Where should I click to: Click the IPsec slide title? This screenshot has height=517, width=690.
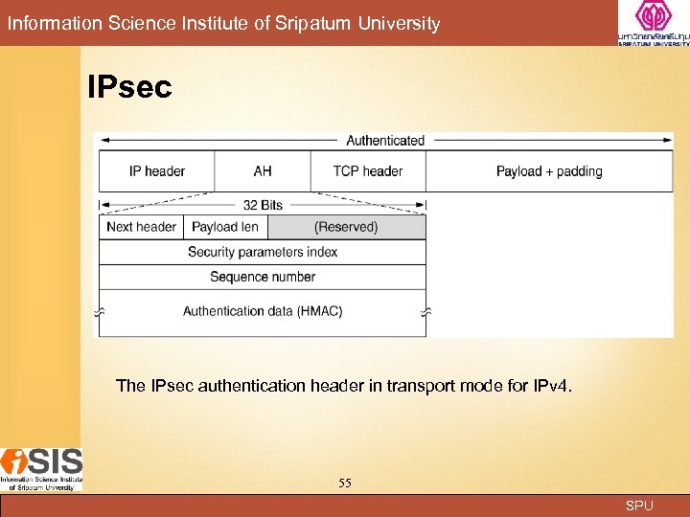(129, 88)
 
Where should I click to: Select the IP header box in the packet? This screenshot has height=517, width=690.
(157, 171)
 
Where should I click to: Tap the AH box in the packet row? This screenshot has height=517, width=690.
(263, 171)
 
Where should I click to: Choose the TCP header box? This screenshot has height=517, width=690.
(368, 171)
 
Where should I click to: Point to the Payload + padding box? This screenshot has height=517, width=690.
(549, 171)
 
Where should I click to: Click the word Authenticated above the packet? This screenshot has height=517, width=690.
(385, 141)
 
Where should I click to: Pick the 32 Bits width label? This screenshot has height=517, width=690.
(263, 205)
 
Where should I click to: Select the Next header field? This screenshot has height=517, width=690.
(142, 227)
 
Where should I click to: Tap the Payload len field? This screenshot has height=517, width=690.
(225, 227)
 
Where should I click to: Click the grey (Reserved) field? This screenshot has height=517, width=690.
(346, 227)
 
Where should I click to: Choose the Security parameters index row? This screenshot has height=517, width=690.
(263, 252)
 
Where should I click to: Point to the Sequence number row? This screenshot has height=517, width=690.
(263, 277)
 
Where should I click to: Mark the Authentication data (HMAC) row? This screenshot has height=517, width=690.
(263, 311)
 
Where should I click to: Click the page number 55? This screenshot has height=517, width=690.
(345, 483)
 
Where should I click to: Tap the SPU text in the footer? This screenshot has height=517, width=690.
(639, 506)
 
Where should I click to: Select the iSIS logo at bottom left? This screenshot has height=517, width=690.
(41, 469)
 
